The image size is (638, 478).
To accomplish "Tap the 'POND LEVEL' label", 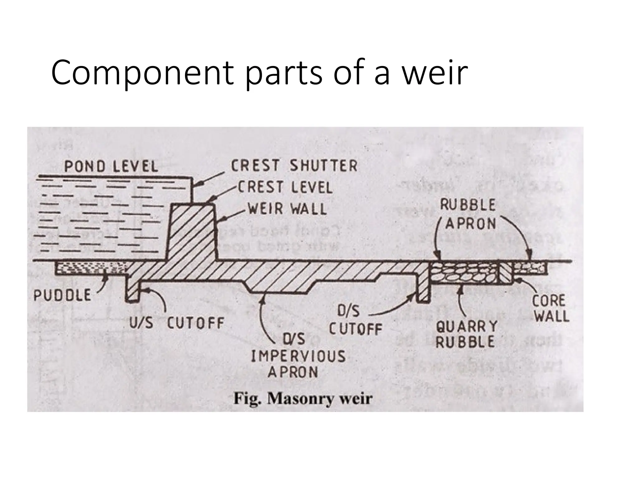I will [111, 167].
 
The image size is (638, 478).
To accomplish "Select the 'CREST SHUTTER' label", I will [294, 165].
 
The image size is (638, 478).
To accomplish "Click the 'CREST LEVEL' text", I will [285, 187].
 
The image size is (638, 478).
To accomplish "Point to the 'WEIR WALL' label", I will [287, 209].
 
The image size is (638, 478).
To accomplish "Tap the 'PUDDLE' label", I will [62, 295].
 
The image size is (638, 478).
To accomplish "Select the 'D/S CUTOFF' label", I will [355, 321].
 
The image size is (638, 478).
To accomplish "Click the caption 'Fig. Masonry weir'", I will [303, 398].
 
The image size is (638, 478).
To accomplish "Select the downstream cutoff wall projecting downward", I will [423, 288].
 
